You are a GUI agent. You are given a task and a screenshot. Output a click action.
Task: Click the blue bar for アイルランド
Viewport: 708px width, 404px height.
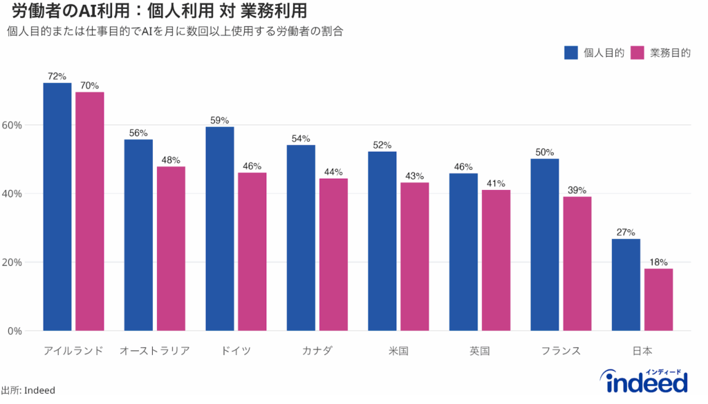click(57, 207)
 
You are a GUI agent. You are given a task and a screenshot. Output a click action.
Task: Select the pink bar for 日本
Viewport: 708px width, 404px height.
click(659, 300)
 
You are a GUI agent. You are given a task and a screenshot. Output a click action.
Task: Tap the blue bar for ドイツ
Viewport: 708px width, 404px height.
click(220, 229)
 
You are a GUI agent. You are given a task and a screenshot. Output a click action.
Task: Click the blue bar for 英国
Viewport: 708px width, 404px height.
click(463, 252)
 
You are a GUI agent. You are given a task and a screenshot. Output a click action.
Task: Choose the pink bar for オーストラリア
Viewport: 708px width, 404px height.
click(171, 249)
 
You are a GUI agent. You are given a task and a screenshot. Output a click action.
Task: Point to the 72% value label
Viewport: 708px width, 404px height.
click(57, 76)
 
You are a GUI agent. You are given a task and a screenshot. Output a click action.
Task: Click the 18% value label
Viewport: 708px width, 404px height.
click(659, 262)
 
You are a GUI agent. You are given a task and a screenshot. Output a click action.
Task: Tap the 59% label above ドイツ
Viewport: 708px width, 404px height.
click(220, 120)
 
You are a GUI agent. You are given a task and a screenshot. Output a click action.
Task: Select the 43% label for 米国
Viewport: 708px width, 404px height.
click(415, 176)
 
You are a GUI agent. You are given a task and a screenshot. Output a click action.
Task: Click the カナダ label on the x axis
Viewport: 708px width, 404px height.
click(317, 351)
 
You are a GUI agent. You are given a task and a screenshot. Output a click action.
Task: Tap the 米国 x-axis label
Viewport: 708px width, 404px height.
click(398, 351)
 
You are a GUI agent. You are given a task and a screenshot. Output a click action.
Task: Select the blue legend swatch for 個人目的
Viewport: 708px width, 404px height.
click(571, 53)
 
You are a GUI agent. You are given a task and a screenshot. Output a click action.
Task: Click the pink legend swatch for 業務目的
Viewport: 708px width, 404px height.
click(637, 53)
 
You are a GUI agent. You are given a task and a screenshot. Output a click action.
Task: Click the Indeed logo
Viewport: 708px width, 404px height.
click(646, 381)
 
